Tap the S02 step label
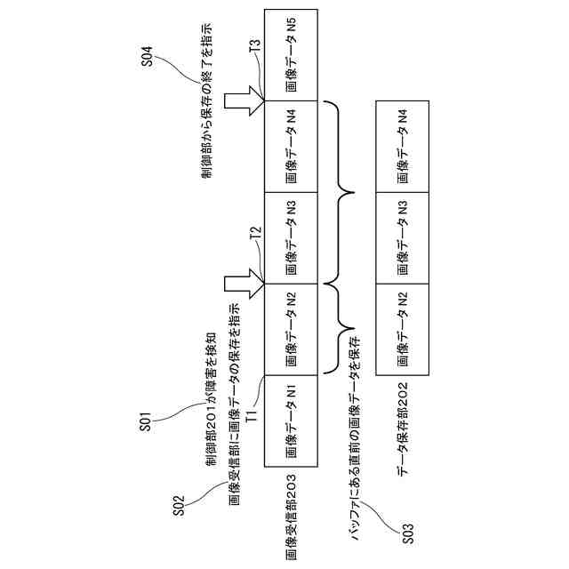pos(178,504)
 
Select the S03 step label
pos(407,532)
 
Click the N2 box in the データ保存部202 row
pos(404,330)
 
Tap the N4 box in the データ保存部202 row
pos(404,144)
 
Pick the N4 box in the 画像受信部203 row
pos(293,144)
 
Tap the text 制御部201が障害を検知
pos(212,400)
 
